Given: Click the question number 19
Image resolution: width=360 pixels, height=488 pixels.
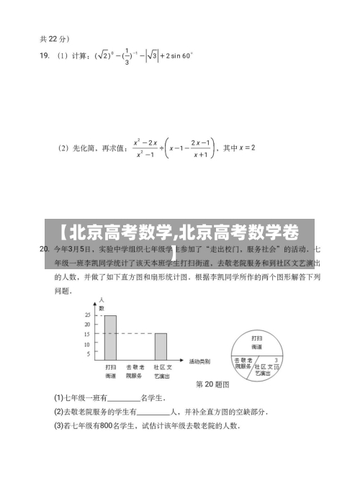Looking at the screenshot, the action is [x=43, y=55].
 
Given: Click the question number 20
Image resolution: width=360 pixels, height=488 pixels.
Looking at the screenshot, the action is [x=43, y=249].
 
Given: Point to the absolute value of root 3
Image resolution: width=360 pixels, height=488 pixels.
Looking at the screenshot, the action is [x=152, y=55].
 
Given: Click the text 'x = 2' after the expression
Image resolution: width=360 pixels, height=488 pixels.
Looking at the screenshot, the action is [x=243, y=148].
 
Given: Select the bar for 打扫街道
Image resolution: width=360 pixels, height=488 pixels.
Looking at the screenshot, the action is [x=110, y=338].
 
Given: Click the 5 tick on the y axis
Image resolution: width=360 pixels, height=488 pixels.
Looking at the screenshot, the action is [x=88, y=354].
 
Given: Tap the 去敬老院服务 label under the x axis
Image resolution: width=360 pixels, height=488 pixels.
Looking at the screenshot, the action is [x=135, y=371].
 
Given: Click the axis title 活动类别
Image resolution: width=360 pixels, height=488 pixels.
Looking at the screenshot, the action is [x=199, y=360].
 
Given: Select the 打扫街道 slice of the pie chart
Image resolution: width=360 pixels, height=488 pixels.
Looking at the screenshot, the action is [x=257, y=340].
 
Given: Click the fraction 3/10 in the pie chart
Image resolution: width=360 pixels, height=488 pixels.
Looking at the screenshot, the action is [x=276, y=363].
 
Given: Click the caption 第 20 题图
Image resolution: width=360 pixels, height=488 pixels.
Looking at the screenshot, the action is [x=212, y=384].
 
